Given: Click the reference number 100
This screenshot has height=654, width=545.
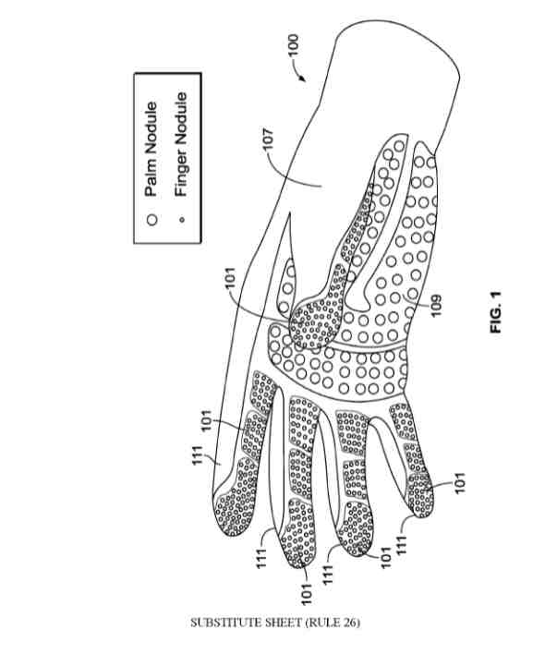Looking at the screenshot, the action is click(293, 45).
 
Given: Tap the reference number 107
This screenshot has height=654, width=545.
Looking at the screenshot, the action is click(269, 139).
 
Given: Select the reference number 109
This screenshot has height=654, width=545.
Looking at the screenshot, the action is click(435, 306).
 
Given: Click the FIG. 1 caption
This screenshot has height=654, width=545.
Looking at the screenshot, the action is click(496, 312).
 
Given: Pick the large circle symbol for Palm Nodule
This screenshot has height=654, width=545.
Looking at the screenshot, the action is click(152, 220).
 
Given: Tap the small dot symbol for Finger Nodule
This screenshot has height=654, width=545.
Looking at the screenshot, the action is click(181, 219).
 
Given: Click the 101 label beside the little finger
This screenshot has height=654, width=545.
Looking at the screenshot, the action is click(459, 483).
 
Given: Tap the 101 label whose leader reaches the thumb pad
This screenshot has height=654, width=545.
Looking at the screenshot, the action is click(231, 279).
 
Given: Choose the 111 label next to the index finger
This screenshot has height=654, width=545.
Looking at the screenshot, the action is click(197, 455).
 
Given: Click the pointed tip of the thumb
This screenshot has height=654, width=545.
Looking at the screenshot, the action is click(288, 212).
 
